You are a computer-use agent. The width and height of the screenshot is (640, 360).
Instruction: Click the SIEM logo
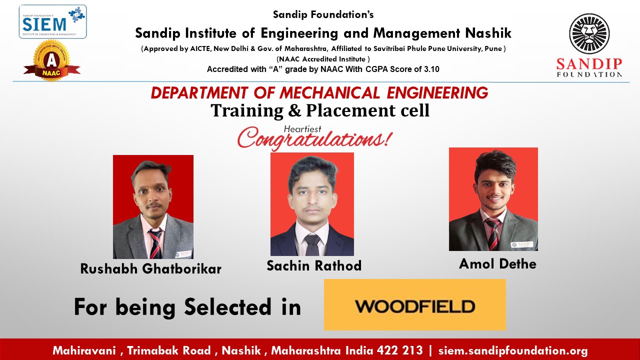tap(53, 21)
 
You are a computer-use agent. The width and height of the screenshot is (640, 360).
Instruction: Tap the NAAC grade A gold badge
tap(51, 61)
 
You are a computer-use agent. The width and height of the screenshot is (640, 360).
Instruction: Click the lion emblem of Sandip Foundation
tap(589, 33)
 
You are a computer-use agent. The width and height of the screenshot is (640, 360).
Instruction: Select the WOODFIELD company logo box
tap(415, 304)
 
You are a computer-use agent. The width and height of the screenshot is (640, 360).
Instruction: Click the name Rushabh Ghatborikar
tap(151, 269)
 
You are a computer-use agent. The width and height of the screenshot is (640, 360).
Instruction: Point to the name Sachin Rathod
tap(314, 265)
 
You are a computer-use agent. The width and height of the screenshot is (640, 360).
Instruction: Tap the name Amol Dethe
tap(497, 263)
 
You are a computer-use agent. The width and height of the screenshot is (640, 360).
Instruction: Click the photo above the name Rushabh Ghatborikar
tap(153, 207)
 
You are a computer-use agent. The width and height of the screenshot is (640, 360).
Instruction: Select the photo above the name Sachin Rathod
tap(312, 204)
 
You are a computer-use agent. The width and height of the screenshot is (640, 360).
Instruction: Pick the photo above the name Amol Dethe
tap(493, 199)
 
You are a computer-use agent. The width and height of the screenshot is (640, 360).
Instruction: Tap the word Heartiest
tap(302, 129)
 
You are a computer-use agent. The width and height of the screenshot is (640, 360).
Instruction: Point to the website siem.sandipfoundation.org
tap(513, 350)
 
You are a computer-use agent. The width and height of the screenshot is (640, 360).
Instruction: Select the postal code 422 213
tap(399, 350)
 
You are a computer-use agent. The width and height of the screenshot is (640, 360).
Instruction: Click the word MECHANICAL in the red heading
tap(329, 93)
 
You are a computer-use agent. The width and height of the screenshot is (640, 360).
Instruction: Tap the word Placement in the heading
tap(351, 110)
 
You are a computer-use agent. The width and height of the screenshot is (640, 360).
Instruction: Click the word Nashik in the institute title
tap(488, 33)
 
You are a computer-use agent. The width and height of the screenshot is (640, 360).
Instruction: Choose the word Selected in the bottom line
tap(227, 306)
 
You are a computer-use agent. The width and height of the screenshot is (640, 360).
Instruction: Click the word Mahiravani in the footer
tap(84, 350)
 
